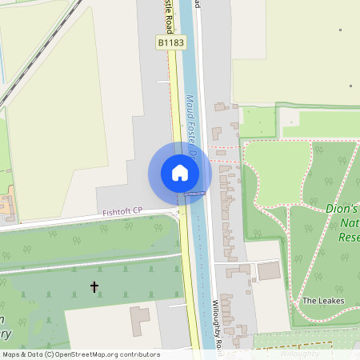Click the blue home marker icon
click(x=180, y=173)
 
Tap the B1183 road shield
click(x=169, y=42)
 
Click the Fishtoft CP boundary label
click(x=122, y=211)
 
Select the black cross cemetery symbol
click(x=94, y=286)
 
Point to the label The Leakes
click(x=320, y=301)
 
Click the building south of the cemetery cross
click(x=140, y=319)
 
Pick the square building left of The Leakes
click(x=270, y=271)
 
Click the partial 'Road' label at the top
click(x=197, y=4)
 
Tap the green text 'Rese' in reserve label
click(x=349, y=238)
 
